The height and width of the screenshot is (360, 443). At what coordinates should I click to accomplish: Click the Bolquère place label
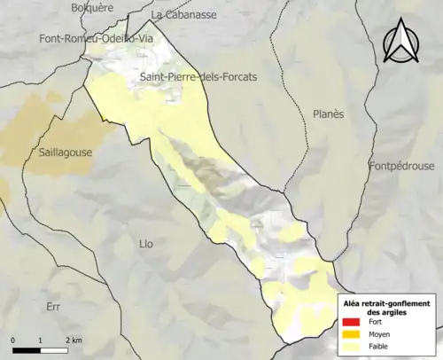pos(92,8)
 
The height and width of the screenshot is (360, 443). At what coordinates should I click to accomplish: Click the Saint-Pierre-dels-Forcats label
pos(198,78)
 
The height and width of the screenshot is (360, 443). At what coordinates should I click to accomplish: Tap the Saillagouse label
pos(65,153)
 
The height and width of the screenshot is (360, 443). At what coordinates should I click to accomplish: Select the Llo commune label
pos(147,243)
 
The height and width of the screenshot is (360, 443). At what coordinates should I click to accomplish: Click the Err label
pos(52,306)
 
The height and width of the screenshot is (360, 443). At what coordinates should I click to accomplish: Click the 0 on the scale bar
pos(14,340)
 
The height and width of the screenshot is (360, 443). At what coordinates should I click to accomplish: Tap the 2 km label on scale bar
pos(74,340)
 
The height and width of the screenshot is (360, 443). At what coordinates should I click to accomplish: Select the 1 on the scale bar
pos(41,340)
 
